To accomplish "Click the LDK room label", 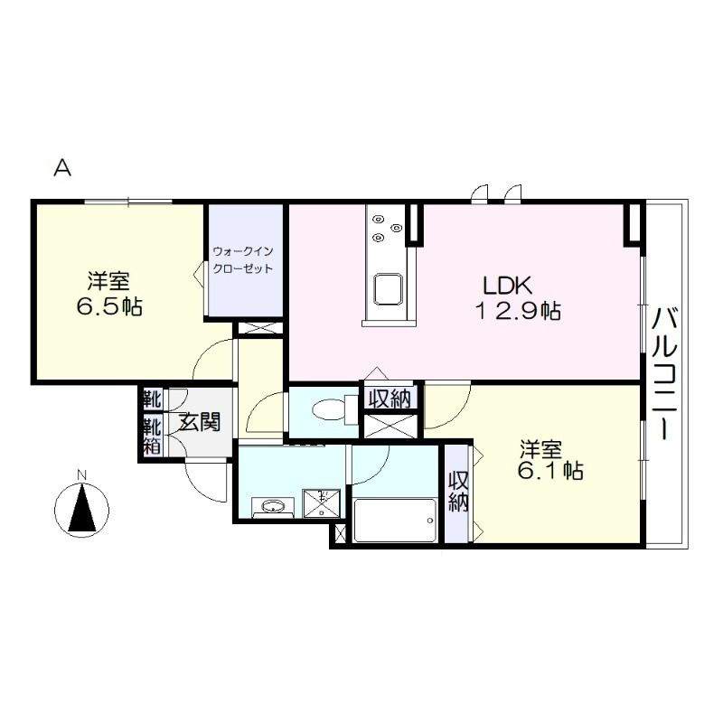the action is click(507, 286).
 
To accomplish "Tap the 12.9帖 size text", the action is click(518, 311).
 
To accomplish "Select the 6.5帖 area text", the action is click(109, 306).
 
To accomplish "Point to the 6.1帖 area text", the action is click(550, 471).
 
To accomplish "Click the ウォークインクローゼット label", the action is click(243, 260).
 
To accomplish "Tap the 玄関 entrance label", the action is click(201, 422).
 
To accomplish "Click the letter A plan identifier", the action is click(62, 168).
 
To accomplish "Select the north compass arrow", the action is click(82, 507).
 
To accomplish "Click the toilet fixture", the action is click(333, 409).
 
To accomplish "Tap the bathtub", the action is click(395, 521).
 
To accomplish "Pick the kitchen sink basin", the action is click(388, 289).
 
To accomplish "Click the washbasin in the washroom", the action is click(273, 507).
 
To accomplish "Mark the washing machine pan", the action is click(322, 504).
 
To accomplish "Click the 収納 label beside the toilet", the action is click(391, 398).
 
